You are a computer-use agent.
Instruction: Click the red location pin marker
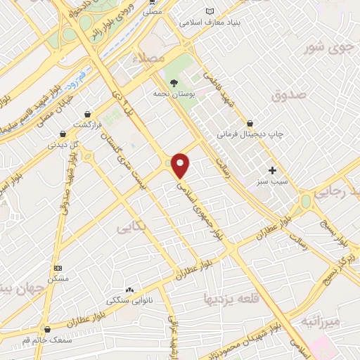[x=181, y=165]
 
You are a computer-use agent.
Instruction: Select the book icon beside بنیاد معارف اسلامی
[x=209, y=11]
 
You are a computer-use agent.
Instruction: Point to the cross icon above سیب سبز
[x=272, y=170]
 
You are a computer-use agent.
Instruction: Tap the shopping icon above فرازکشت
[x=87, y=113]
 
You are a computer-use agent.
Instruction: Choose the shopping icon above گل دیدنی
[x=63, y=133]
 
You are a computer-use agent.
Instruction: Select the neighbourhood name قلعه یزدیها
[x=222, y=297]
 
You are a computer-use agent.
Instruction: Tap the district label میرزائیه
[x=321, y=321]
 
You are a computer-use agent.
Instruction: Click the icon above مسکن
[x=58, y=268]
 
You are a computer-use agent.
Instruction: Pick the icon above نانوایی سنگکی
[x=129, y=290]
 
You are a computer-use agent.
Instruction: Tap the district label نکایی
[x=133, y=226]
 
